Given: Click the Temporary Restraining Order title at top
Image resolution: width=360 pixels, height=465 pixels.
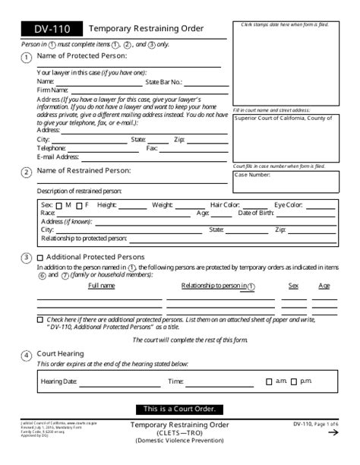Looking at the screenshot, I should coord(145,29).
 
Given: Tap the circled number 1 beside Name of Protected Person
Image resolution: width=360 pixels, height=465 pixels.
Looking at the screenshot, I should coord(27,58).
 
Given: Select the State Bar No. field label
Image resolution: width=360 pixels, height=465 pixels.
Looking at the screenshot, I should coord(163,81).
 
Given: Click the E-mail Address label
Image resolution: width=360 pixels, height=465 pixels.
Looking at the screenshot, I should coord(58,157).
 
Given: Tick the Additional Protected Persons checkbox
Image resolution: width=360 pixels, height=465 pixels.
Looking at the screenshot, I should coord(40,257).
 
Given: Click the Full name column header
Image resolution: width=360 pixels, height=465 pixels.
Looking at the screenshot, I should coord(102,286).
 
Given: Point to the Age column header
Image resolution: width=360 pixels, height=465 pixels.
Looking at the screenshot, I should coord(324,286).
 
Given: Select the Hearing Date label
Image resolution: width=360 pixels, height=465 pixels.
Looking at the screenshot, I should coord(58,381).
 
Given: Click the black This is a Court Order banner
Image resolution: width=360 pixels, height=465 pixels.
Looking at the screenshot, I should coord(179,409).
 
